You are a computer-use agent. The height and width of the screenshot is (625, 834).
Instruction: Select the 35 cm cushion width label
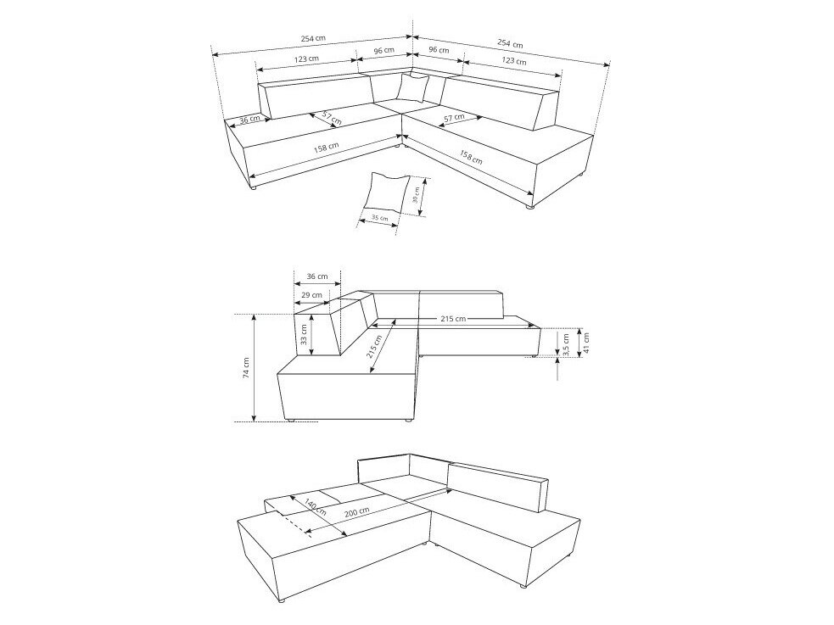click(x=380, y=218)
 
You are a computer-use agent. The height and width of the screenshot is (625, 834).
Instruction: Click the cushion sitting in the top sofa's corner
click(x=415, y=87)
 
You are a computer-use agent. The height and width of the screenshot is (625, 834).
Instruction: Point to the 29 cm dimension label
click(x=311, y=294)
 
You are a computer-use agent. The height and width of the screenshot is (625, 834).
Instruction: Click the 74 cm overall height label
click(x=246, y=367)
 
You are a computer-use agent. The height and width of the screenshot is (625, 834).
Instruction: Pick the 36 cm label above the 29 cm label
click(x=316, y=276)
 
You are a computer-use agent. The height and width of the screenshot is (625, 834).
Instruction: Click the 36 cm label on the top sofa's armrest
click(x=249, y=120)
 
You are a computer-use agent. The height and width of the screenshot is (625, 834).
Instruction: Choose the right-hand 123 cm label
click(x=513, y=61)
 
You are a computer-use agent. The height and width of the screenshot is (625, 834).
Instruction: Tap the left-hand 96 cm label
click(x=383, y=51)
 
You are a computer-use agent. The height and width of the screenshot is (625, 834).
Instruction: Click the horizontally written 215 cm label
click(x=453, y=319)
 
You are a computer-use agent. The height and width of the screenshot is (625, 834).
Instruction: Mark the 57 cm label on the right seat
click(x=453, y=117)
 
